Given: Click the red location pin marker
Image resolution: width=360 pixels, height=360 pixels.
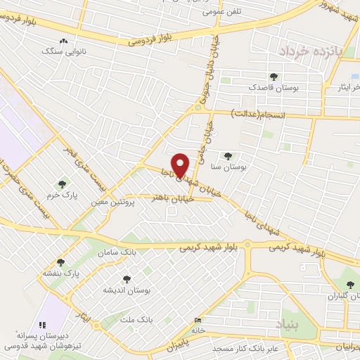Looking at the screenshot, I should (181, 165).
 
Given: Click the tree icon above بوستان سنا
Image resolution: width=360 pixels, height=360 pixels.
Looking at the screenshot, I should (227, 155).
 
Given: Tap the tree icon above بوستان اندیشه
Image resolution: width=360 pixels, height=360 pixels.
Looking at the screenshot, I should (127, 279).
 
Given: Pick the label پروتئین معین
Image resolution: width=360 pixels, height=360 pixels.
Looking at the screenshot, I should (112, 202).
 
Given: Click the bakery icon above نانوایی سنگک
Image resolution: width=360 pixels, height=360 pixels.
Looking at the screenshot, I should (64, 41).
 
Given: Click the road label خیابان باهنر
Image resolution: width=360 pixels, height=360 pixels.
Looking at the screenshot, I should (172, 198).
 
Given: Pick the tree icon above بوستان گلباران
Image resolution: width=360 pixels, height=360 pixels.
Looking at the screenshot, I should (351, 285).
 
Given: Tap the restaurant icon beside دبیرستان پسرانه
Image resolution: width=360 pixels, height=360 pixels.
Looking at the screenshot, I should (41, 324).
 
